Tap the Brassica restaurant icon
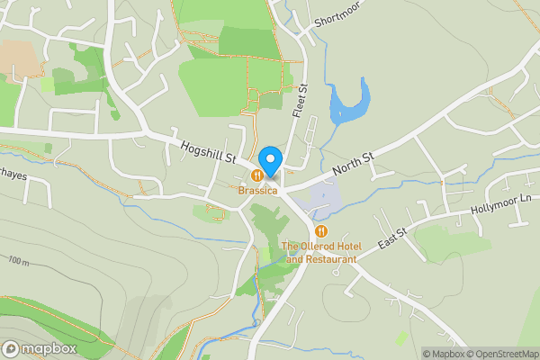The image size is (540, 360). coord(258,175)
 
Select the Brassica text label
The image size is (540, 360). coord(258,191)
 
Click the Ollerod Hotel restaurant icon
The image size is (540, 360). coord(321,230)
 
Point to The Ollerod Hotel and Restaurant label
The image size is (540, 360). coord(319,253)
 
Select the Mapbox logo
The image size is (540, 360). coord(39,348)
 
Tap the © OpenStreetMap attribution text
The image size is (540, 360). coord(506,354)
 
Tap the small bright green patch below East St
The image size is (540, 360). coord(401,337)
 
